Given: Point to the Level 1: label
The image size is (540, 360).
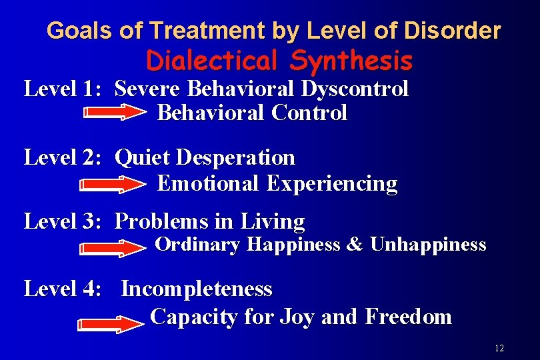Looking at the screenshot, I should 62,88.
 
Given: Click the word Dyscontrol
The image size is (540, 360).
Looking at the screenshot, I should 356,88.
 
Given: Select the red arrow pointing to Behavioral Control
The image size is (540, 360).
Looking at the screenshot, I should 115,114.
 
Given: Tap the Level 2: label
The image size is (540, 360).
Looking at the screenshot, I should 62,157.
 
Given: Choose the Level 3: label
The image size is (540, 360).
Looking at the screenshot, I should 62,221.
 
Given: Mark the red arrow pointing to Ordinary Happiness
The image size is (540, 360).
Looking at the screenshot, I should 113,248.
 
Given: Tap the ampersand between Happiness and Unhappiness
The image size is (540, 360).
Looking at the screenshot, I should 355,245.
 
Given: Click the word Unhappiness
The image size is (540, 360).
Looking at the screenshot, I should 428,245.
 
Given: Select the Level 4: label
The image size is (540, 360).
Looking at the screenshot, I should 62,289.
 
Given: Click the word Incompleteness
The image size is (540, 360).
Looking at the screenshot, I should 197,289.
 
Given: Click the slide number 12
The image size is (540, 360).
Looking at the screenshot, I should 499,349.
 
